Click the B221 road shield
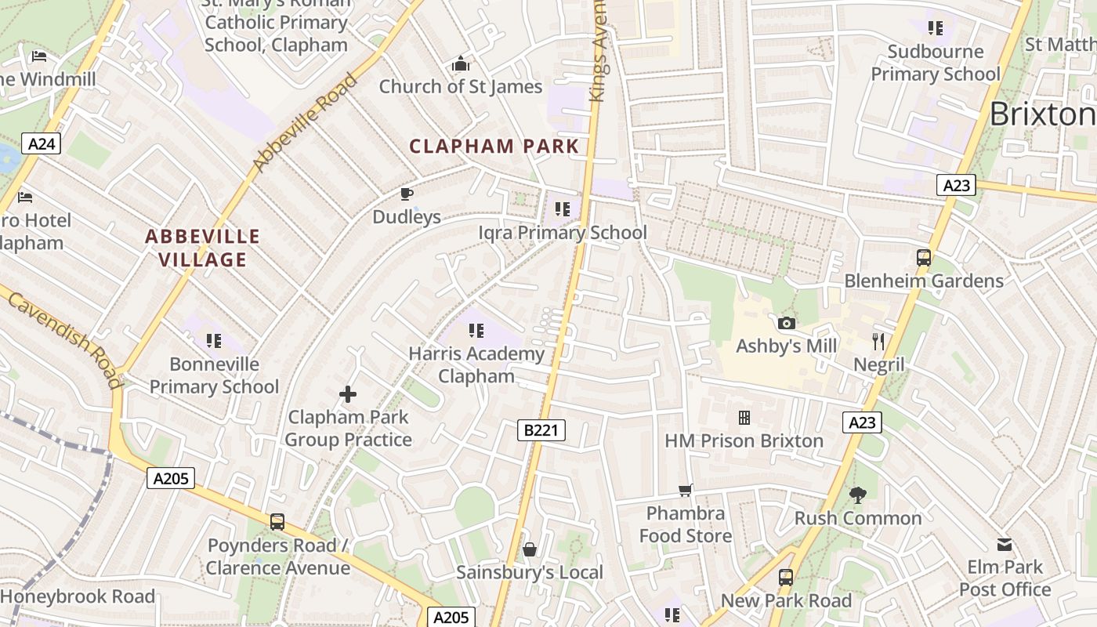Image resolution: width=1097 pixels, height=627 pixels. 541,429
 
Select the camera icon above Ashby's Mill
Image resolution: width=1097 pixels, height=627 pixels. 786,323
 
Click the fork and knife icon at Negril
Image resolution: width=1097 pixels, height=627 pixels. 878,341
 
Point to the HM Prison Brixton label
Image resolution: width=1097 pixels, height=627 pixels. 744,440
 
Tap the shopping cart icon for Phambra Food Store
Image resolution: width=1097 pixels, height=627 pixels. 686,490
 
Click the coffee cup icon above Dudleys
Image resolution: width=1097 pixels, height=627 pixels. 407,194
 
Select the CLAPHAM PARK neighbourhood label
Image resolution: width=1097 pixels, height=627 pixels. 494,146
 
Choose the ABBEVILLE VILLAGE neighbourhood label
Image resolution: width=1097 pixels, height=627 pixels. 203,248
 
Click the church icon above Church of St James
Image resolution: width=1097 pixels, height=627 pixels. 461,63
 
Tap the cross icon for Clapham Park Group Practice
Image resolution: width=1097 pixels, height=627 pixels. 348,393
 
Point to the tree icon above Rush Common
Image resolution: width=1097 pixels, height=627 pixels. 858,495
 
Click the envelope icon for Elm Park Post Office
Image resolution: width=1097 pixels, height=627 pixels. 1005,544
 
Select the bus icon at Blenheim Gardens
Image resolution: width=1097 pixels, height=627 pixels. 924,257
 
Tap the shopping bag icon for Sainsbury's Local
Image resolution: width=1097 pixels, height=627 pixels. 530,549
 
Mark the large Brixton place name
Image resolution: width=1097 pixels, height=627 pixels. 1042,114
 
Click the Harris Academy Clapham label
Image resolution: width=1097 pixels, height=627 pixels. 476,364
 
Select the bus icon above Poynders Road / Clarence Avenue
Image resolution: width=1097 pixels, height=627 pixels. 277,521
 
